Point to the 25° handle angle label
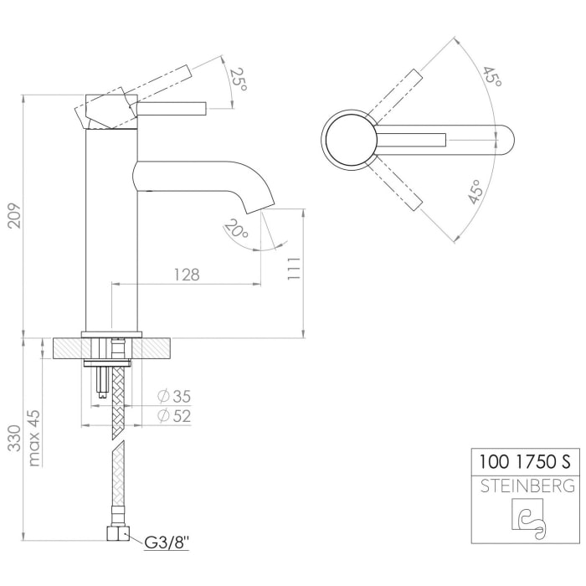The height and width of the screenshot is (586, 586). [239, 80]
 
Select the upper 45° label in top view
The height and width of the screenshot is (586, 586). [491, 76]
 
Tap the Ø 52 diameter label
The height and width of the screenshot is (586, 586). [175, 416]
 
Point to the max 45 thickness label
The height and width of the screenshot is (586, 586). [33, 438]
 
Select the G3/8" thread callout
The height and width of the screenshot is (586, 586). [167, 544]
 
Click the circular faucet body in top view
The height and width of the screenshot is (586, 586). [350, 138]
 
